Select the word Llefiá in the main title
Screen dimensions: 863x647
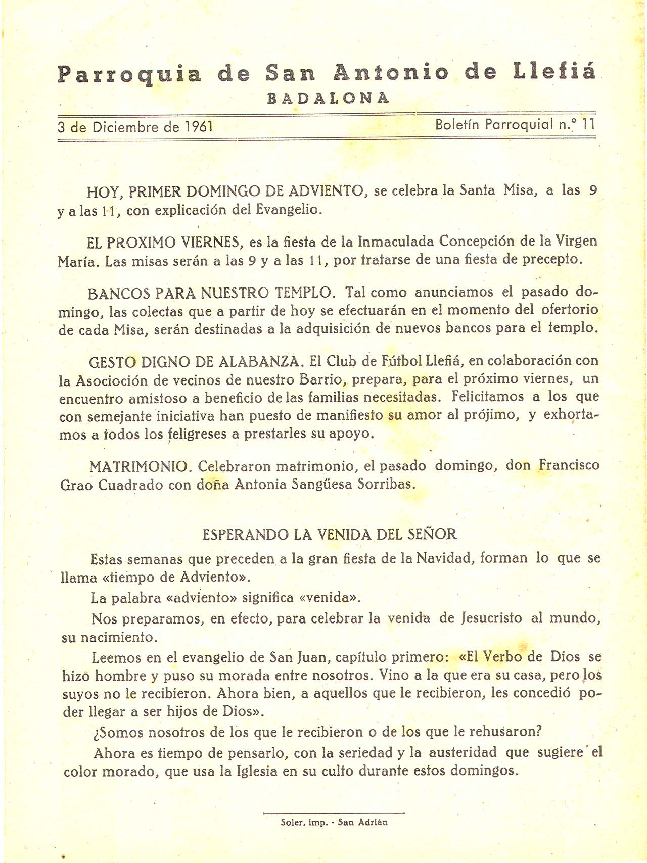pos(554,73)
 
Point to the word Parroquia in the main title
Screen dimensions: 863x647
pos(129,75)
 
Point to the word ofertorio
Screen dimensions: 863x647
pos(570,309)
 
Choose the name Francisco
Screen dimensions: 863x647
pos(569,464)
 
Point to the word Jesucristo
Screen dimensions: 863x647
pos(491,618)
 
